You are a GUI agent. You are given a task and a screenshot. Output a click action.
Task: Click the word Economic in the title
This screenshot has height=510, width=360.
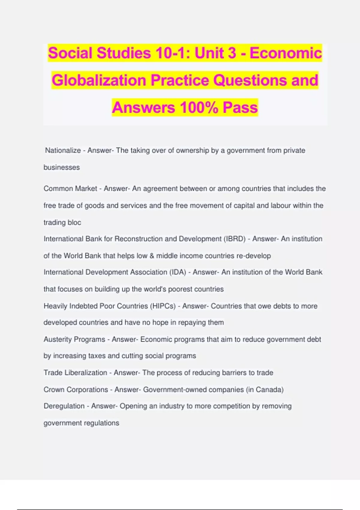click(286, 53)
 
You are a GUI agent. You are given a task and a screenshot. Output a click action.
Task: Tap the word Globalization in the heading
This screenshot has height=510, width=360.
click(99, 80)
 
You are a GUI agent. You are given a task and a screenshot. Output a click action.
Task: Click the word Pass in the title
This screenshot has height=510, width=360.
click(240, 107)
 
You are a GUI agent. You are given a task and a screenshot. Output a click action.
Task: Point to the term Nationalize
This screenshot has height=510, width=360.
click(63, 150)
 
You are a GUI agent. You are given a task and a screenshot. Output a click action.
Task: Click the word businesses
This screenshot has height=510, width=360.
click(61, 167)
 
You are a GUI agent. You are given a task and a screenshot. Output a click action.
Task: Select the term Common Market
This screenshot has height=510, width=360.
click(70, 189)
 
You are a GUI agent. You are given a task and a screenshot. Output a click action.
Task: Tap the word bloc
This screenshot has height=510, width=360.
click(75, 223)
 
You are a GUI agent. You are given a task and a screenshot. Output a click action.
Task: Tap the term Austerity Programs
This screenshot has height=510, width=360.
click(74, 339)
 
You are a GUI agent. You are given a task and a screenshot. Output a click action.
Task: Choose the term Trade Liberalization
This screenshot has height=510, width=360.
click(75, 373)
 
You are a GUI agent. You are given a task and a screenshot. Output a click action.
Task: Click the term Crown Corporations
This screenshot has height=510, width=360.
click(76, 389)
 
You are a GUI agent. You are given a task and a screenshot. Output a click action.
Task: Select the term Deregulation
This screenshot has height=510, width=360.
click(64, 406)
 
